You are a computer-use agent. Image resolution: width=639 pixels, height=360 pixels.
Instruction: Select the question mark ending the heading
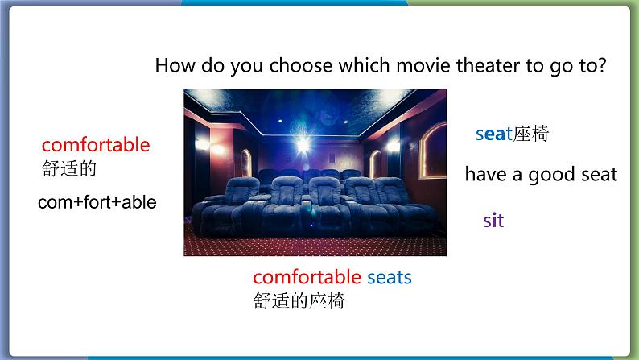[x=601, y=65]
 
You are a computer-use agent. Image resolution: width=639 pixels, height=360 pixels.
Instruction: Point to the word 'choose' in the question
[x=300, y=65]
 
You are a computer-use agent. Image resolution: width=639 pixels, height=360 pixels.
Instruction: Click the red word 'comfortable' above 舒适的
[x=96, y=145]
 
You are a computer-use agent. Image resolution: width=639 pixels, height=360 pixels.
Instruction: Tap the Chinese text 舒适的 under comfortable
[x=69, y=169]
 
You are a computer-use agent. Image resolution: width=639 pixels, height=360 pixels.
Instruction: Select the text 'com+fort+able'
[x=97, y=202]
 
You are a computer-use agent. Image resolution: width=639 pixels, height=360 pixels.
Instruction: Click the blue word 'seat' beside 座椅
[x=493, y=134]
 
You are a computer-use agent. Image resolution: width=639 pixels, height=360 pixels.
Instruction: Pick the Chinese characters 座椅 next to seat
[x=530, y=134]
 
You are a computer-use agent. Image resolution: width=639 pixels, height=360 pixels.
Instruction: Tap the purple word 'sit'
[x=493, y=221]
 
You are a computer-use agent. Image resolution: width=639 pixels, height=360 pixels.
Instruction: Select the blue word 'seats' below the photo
[x=390, y=277]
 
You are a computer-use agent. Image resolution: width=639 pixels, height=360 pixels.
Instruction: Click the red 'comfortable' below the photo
[x=307, y=277]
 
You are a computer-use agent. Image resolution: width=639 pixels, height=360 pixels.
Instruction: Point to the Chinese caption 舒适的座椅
[x=299, y=301]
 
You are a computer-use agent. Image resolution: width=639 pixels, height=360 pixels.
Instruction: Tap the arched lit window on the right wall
[x=433, y=151]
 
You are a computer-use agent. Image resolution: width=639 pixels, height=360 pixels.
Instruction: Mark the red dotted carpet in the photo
[x=315, y=246]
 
